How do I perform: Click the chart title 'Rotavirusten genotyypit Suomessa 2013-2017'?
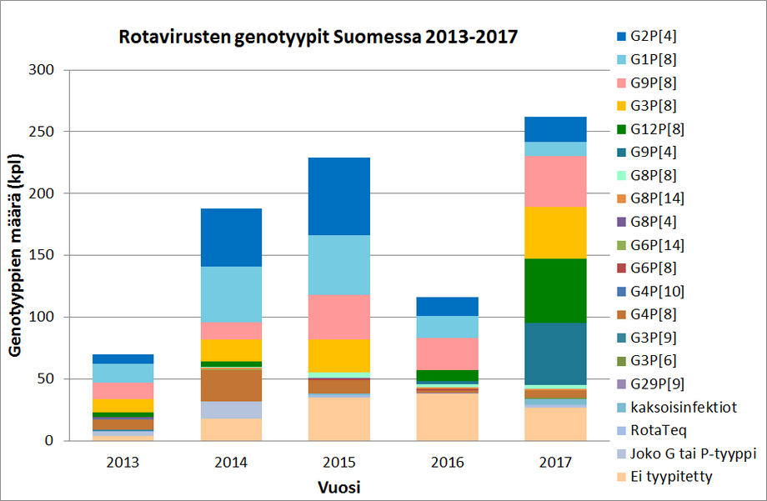click(318, 38)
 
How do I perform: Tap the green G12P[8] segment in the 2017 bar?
click(555, 290)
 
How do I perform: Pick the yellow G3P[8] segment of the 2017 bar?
click(555, 232)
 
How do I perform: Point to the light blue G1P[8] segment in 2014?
click(230, 293)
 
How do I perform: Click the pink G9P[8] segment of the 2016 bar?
click(447, 353)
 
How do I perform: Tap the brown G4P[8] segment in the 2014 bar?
click(230, 384)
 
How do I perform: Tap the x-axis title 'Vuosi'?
click(338, 485)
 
